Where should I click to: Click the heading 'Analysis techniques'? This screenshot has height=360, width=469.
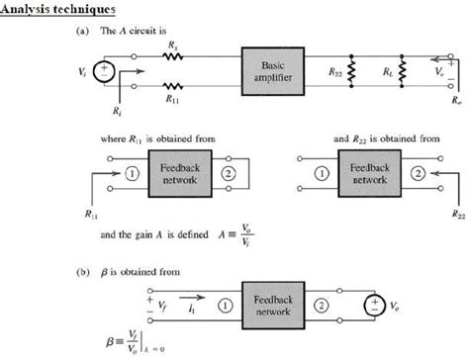tap(60, 10)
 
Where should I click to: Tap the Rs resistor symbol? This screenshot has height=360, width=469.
tap(174, 57)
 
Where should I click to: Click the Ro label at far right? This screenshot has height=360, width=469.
tap(453, 100)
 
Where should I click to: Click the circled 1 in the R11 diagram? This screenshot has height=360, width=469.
tap(129, 174)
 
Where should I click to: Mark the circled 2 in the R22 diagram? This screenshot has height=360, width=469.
tap(416, 174)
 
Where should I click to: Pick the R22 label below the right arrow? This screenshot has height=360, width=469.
tap(458, 213)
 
